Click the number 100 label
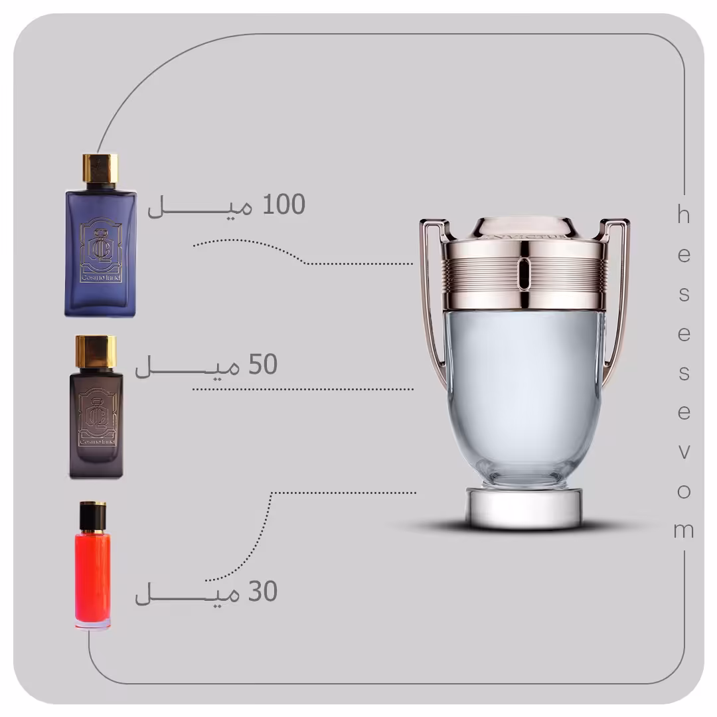[284, 205]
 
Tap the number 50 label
[263, 365]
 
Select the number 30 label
[262, 592]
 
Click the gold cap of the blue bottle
[100, 169]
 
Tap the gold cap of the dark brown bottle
[96, 351]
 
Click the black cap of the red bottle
[93, 516]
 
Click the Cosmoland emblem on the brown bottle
[97, 417]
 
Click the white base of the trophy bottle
[524, 509]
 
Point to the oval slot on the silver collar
[524, 274]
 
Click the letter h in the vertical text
[683, 215]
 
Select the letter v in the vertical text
[684, 452]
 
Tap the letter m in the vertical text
[684, 530]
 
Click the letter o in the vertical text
[684, 491]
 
